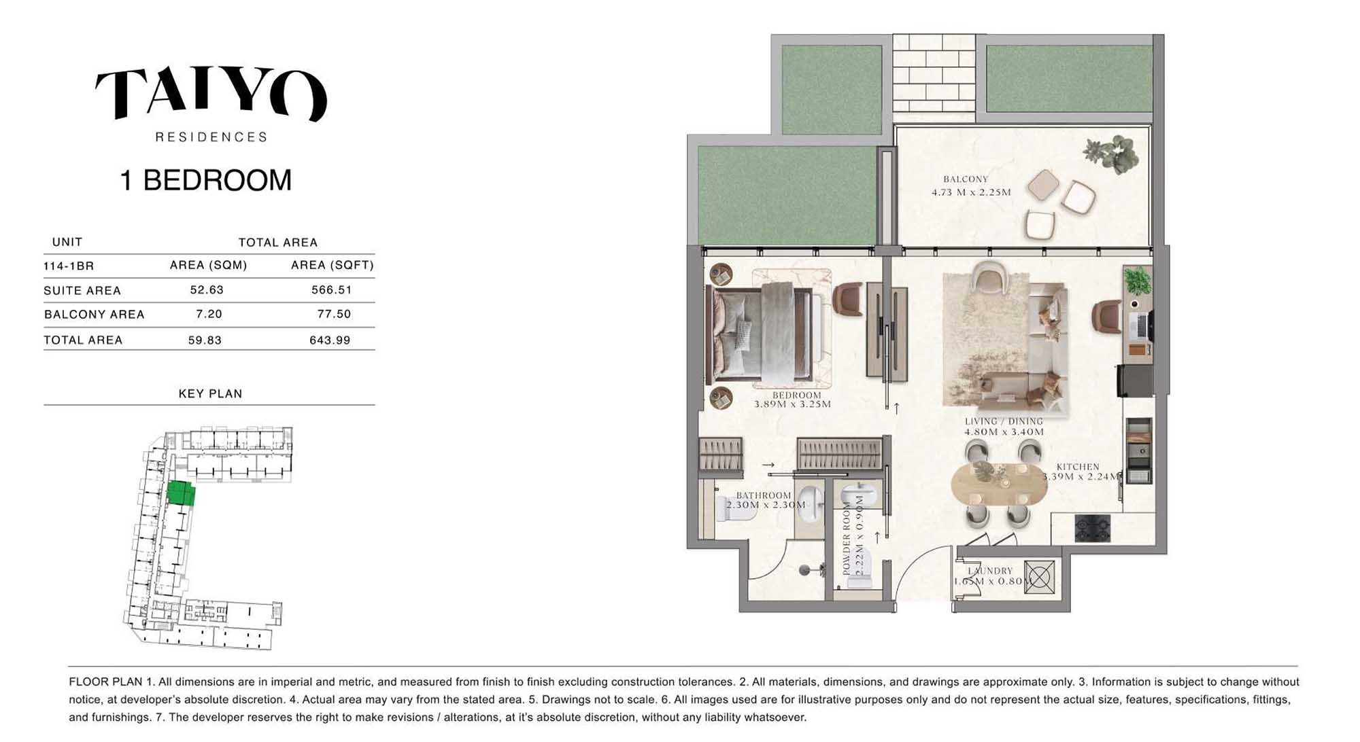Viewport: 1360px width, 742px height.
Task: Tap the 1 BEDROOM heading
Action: click(205, 180)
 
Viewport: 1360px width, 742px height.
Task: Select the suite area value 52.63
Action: click(207, 289)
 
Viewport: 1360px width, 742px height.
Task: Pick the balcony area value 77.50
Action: click(334, 314)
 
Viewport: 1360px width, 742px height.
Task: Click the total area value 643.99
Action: click(330, 340)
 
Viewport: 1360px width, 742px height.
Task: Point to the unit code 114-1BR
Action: click(69, 266)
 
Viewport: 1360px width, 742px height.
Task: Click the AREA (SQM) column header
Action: click(208, 265)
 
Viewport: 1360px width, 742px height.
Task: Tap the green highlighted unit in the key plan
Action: click(181, 493)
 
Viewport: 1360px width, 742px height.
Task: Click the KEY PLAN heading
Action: click(210, 393)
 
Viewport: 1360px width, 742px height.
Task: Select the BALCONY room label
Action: click(966, 179)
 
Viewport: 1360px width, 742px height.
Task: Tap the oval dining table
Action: click(998, 482)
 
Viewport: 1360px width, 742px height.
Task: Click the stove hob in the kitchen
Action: click(1093, 528)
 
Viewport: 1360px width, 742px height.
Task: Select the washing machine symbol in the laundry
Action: click(1039, 577)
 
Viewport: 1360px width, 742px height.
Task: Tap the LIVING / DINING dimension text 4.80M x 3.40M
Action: click(1004, 431)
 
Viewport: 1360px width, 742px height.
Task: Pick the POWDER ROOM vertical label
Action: click(847, 540)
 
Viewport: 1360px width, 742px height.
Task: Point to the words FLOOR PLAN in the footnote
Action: click(105, 682)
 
